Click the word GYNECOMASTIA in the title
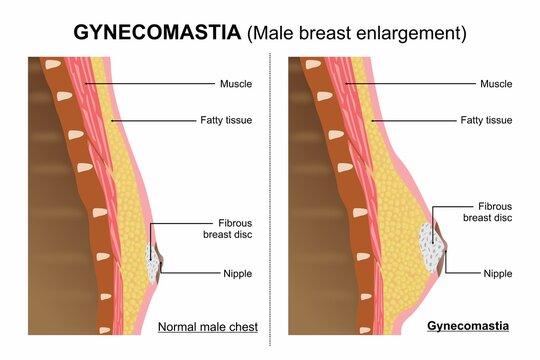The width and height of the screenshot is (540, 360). coord(157,32)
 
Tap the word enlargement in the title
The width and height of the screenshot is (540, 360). coord(409,33)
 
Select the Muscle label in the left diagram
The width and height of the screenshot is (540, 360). coord(238,84)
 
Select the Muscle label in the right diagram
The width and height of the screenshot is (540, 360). coord(500,84)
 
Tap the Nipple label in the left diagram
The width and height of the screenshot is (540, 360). coord(238,272)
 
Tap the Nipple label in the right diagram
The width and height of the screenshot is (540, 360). coord(500,272)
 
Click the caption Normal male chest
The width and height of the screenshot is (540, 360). coord(209,326)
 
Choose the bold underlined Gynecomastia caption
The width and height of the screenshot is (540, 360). coord(468,326)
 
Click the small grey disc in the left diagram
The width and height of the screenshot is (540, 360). coord(153,264)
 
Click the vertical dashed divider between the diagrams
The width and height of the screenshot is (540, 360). coord(271,200)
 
